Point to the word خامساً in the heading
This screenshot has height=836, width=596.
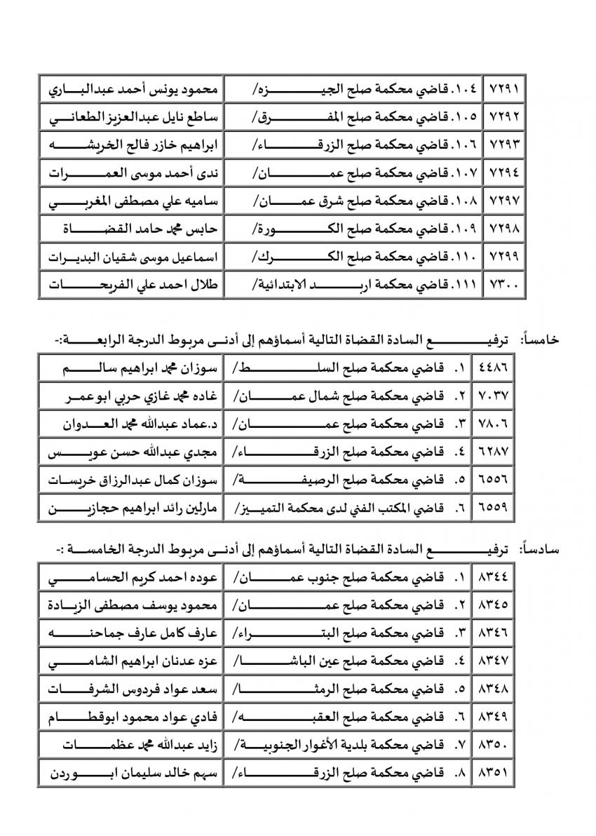coord(539,339)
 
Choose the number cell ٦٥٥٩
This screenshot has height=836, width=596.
coord(495,508)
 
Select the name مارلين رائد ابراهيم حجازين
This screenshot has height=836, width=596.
coord(130,508)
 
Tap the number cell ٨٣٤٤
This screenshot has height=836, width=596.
coord(495,579)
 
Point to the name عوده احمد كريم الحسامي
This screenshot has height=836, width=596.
coord(130,579)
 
